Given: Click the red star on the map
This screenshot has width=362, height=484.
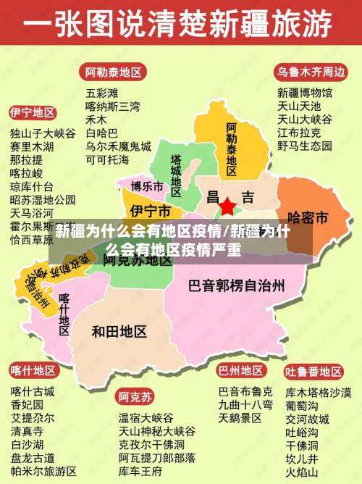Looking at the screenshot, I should point(227,206).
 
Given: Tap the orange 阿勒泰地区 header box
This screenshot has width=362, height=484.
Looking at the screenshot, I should point(113,72).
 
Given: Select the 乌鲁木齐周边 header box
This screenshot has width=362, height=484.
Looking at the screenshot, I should point(310,72).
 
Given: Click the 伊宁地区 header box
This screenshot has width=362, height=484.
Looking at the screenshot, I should point(33,113).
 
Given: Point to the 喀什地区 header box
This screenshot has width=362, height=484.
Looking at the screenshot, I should point(33,371).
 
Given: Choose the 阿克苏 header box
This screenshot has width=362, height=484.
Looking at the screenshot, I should point(135,397).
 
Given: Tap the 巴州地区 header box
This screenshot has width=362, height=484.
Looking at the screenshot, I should point(240,371).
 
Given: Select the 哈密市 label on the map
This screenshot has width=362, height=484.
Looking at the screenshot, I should point(308,217).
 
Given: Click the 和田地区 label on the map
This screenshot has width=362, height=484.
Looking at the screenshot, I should point(119,331).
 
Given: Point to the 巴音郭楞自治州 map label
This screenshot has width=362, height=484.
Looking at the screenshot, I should point(236,285).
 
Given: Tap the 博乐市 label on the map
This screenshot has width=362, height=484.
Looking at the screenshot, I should point(147,187).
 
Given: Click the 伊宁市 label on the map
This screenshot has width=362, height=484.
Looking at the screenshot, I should point(150,212).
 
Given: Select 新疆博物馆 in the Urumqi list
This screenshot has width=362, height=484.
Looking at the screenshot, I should point(305,93).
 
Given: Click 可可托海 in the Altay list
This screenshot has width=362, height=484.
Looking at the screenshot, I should point(107,159).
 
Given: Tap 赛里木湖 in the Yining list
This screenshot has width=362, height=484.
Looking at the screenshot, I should point(32,147).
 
